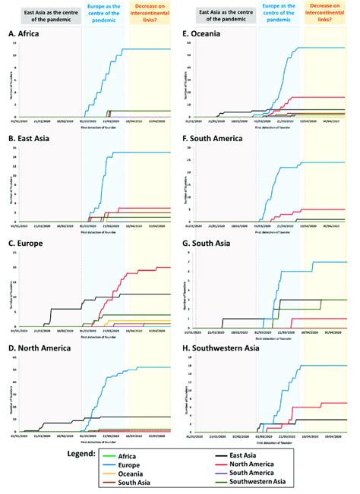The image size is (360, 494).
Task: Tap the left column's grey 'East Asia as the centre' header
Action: [224, 15]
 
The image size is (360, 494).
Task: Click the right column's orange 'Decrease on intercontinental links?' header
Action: [328, 15]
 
